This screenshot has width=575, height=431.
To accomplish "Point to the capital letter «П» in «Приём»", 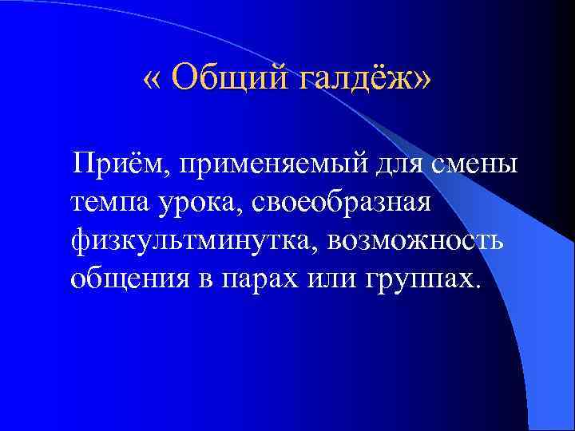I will coord(81,164).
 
